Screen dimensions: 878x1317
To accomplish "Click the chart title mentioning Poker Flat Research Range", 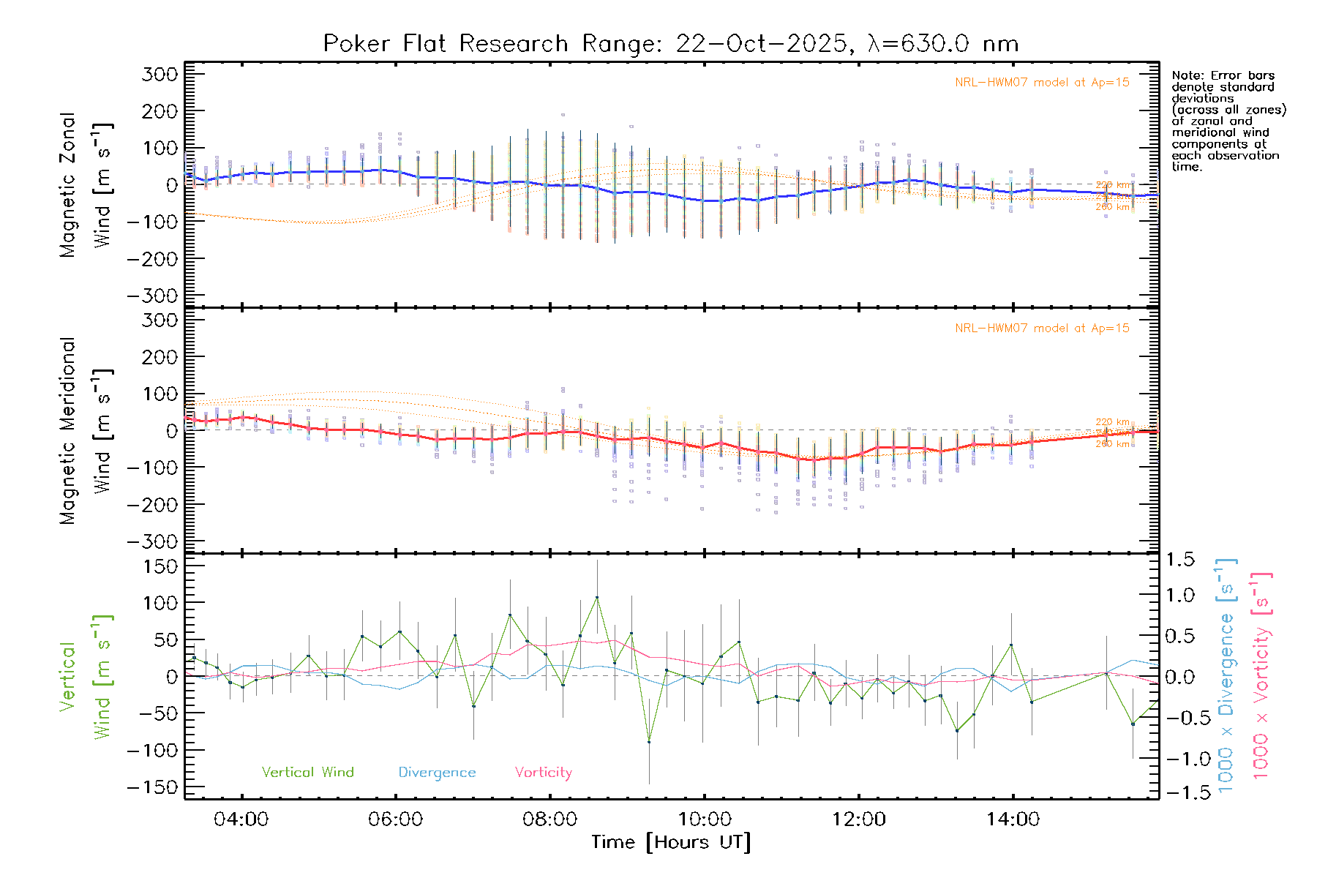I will pyautogui.click(x=671, y=44).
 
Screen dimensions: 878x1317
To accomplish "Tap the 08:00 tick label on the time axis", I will pyautogui.click(x=549, y=819).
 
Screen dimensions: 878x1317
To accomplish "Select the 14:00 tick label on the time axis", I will pyautogui.click(x=1013, y=819).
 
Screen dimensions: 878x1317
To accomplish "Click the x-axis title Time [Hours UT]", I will pyautogui.click(x=671, y=842).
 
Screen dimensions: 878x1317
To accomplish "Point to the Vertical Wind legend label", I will pyautogui.click(x=307, y=773).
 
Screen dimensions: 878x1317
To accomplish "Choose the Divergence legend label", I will pyautogui.click(x=437, y=773).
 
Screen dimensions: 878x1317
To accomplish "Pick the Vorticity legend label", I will pyautogui.click(x=543, y=773).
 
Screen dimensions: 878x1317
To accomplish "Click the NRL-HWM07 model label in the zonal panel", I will pyautogui.click(x=1042, y=83).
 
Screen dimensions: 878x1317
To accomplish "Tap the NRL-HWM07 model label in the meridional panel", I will pyautogui.click(x=1042, y=329).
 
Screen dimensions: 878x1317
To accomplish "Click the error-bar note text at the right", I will pyautogui.click(x=1228, y=121).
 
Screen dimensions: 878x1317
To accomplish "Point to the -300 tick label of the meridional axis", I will pyautogui.click(x=152, y=541).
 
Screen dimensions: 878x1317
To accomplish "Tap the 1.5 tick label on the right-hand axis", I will pyautogui.click(x=1179, y=560).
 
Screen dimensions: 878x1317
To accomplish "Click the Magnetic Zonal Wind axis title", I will pyautogui.click(x=86, y=184).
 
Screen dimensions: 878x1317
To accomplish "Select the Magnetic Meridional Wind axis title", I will pyautogui.click(x=86, y=430).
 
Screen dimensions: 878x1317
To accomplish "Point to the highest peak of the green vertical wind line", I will pyautogui.click(x=597, y=597).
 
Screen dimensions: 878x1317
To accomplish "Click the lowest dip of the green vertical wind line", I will pyautogui.click(x=649, y=742).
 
